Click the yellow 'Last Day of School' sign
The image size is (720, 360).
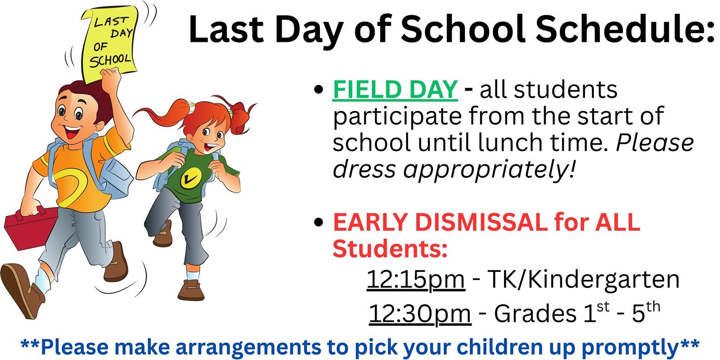(x=110, y=43)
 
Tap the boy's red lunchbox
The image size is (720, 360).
(x=31, y=228)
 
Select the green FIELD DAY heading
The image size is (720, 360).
(x=395, y=90)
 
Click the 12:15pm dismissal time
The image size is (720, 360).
(x=416, y=280)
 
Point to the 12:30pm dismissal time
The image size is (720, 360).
(x=420, y=314)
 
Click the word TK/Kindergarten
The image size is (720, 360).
(x=583, y=279)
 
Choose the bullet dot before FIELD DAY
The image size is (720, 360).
(x=318, y=90)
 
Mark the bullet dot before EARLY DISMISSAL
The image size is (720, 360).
(x=318, y=222)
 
